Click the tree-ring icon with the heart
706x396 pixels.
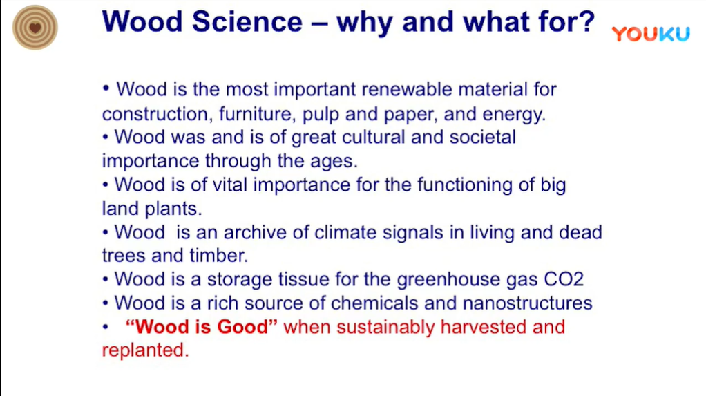click(x=35, y=28)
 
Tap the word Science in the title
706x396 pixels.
click(x=247, y=21)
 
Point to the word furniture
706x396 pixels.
click(x=257, y=114)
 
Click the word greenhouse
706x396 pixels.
click(x=448, y=280)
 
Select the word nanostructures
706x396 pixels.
click(x=527, y=303)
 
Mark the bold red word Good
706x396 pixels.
click(x=247, y=327)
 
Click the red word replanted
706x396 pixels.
click(x=145, y=350)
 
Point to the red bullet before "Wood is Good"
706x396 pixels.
click(x=106, y=326)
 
